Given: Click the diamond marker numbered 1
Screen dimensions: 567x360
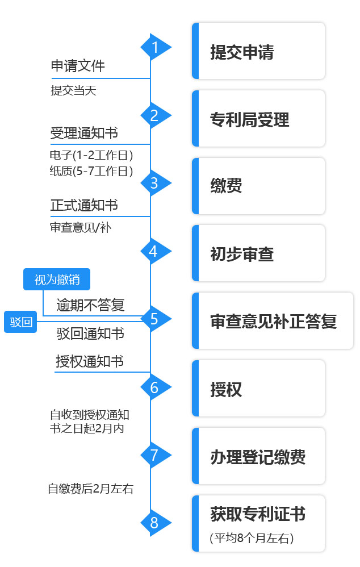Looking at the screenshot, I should (154, 48).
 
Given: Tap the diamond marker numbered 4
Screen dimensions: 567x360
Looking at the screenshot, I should (153, 252).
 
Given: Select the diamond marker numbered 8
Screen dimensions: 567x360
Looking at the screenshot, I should (153, 523).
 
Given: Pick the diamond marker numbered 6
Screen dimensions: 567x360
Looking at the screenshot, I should (153, 387).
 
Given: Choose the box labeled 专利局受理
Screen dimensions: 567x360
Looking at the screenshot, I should (258, 119).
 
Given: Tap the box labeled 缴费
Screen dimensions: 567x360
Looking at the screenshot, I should (258, 186).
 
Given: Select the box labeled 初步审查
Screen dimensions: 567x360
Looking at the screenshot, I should (258, 253).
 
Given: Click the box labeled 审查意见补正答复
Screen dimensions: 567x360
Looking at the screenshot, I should (273, 321).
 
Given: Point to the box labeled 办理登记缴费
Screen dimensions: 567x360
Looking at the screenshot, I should (258, 456).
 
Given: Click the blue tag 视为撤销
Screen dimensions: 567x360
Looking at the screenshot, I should (57, 280).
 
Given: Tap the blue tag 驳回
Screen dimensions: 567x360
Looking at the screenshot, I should (20, 322).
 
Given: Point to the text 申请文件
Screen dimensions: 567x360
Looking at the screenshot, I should (78, 66).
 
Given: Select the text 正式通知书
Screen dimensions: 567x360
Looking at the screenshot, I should (84, 205).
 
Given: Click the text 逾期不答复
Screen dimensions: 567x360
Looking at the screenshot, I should (90, 305).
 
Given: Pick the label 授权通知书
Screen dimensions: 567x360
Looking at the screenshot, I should (90, 361).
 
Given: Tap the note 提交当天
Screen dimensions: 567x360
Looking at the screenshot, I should (73, 91).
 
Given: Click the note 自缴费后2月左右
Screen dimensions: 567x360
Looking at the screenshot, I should (90, 489).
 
